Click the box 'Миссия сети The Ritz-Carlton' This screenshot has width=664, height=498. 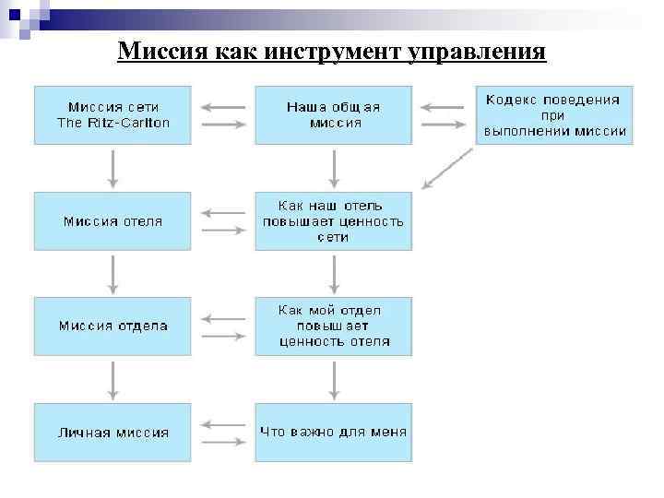[113, 114]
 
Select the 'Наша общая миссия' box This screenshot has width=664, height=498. [333, 114]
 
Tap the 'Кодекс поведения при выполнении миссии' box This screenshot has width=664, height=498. [553, 114]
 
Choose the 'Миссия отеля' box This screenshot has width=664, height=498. [113, 221]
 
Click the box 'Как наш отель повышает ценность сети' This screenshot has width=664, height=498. [333, 221]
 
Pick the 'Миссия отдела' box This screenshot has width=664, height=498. [113, 326]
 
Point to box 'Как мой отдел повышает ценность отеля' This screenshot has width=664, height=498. [333, 326]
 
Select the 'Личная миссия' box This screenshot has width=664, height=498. [113, 432]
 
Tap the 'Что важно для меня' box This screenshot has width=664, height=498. [333, 432]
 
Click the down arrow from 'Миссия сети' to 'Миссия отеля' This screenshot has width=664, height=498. [113, 168]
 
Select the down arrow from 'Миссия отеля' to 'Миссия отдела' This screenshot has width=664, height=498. [113, 273]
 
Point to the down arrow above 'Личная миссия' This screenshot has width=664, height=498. [113, 379]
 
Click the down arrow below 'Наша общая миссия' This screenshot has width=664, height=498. [334, 168]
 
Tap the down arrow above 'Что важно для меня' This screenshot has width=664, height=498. [334, 379]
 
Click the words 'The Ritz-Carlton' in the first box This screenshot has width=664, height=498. [113, 123]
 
